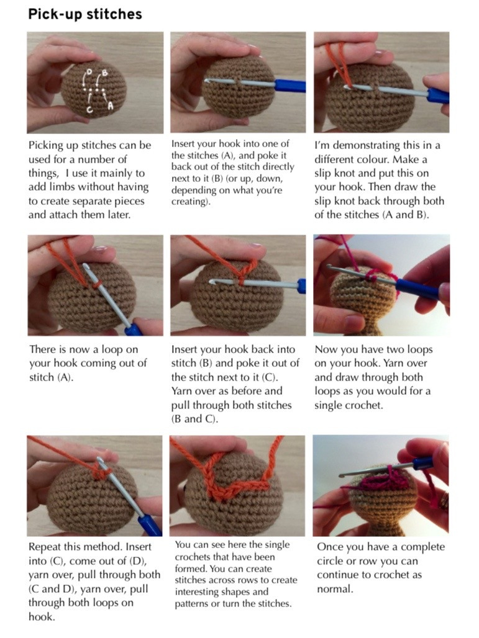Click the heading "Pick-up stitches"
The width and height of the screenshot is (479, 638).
85,14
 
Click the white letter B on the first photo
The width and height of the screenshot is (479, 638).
105,73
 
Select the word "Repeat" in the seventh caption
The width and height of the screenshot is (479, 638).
46,547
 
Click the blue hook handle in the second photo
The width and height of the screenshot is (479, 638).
290,86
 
